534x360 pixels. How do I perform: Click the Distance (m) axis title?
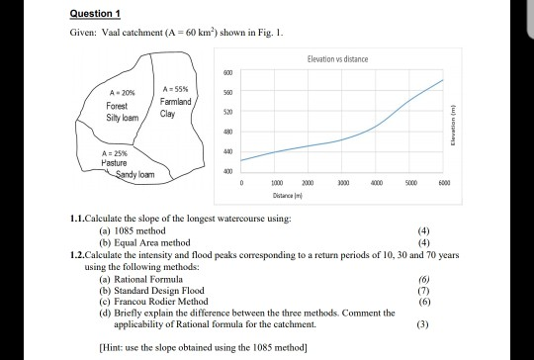[340, 196]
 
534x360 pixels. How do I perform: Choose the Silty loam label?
[122, 116]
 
